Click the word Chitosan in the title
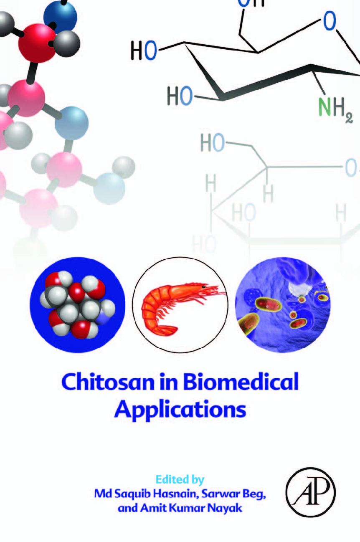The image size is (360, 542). coord(108,382)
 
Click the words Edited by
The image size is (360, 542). coord(180,479)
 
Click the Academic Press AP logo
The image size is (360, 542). coord(311,492)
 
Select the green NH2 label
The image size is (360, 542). coord(335,109)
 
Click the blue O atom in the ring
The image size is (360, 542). coord(330,21)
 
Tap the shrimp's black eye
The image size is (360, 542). coord(204,287)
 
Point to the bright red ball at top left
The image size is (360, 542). coord(37,43)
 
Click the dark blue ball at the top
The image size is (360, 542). coord(60,18)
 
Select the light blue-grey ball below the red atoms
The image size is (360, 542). coord(71,123)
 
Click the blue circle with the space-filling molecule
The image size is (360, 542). coord(77,305)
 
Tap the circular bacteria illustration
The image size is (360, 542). coord(283,305)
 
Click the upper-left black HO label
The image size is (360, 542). coord(144,51)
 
